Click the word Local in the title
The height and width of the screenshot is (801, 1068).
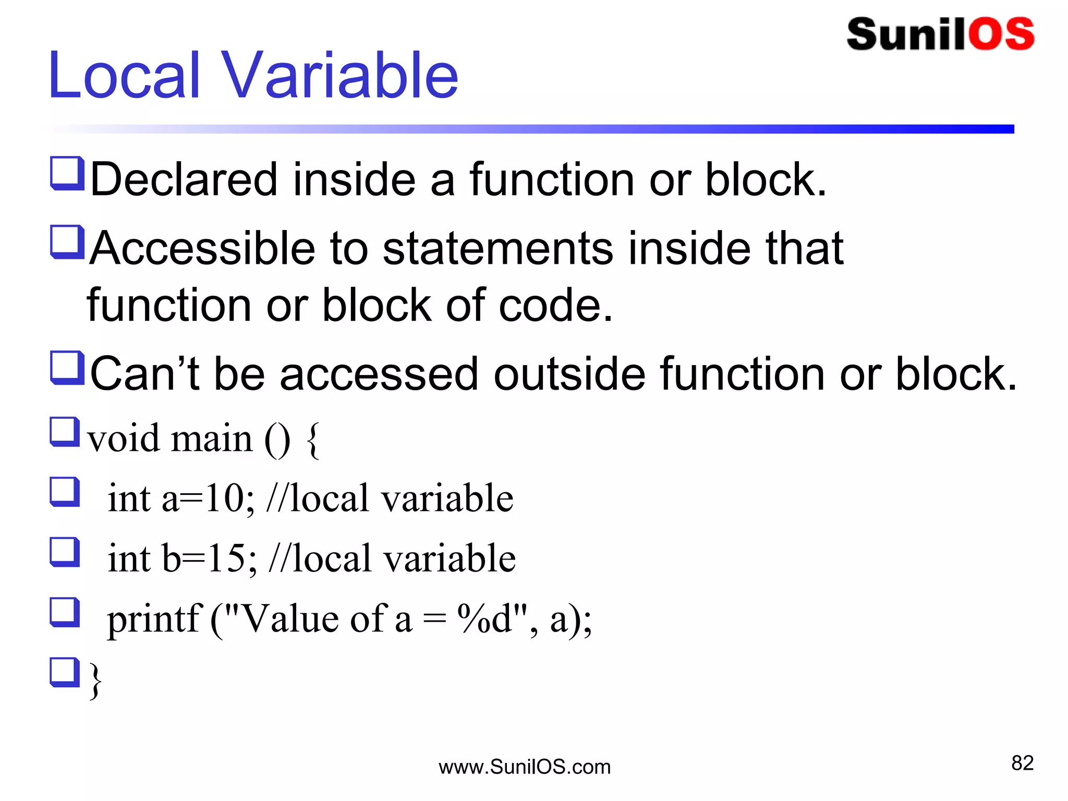coord(124,76)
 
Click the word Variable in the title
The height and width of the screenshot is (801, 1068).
coord(341,76)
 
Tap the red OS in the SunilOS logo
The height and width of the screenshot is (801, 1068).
coord(1001,34)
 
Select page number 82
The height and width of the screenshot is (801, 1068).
coord(1022,763)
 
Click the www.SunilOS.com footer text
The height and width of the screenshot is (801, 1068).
coord(525,767)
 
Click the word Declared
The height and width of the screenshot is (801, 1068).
coord(184,180)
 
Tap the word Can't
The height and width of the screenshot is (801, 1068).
coord(144,374)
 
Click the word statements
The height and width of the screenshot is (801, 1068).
coord(498,249)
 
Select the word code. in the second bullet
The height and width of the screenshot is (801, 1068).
coord(555,306)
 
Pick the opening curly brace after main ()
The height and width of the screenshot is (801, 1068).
coord(313,441)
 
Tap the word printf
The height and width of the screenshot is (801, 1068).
coord(154,620)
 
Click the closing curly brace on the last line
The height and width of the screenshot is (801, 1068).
coord(95,680)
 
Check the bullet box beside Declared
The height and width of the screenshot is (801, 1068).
coord(67,173)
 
